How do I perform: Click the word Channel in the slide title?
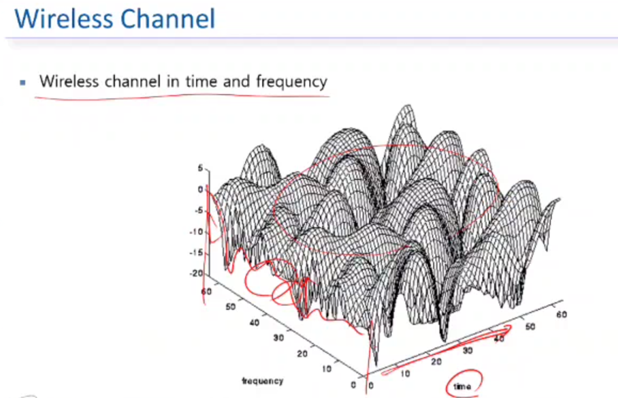pos(168,18)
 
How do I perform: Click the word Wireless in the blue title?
pos(64,18)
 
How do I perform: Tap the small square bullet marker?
pos(23,82)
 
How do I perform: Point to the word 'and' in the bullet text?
pos(236,81)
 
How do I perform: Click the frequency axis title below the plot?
pos(263,381)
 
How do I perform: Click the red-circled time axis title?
pos(462,386)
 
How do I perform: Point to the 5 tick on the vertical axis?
pos(200,168)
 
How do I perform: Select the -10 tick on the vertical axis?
pos(196,232)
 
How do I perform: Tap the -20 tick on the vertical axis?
pos(196,273)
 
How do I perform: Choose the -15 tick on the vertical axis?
pos(196,252)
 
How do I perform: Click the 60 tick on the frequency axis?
pos(206,292)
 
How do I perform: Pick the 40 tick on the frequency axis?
pos(255,322)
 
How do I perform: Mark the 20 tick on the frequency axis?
pos(302,354)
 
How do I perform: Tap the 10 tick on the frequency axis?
pos(327,369)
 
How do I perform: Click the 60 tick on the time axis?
pos(562,314)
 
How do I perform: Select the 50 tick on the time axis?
pos(530,326)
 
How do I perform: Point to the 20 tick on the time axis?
pos(436,362)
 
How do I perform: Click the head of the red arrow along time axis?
pos(510,326)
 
